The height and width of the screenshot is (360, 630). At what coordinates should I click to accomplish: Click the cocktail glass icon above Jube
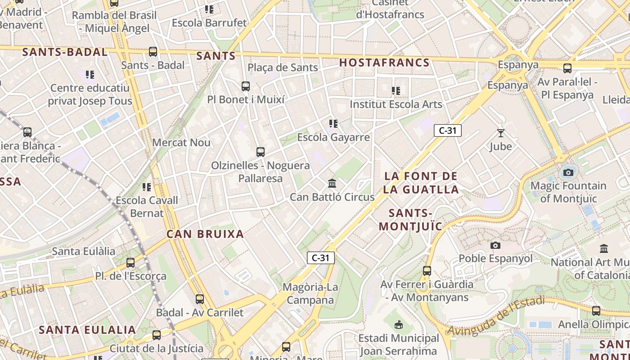[x=500, y=133]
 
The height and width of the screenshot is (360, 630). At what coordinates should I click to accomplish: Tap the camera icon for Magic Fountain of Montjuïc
[x=568, y=172]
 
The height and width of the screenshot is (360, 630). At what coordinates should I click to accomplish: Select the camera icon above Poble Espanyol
[x=495, y=245]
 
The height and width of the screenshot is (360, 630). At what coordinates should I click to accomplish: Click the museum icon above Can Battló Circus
[x=332, y=183]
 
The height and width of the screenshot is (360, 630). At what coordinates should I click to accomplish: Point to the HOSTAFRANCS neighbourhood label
[x=384, y=63]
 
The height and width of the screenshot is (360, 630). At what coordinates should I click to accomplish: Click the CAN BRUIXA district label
[x=205, y=234]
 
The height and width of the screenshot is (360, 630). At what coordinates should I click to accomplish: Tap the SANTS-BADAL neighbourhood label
[x=65, y=52]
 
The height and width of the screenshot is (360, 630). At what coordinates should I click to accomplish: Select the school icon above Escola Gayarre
[x=333, y=123]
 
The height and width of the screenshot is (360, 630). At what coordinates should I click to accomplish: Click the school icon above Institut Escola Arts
[x=396, y=91]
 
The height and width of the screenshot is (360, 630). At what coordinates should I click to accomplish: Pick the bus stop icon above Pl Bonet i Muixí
[x=246, y=86]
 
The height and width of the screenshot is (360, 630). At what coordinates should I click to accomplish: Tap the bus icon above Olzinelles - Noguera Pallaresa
[x=261, y=152]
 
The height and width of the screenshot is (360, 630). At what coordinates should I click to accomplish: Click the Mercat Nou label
[x=181, y=143]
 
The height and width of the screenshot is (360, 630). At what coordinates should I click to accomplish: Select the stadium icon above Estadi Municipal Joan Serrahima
[x=398, y=324]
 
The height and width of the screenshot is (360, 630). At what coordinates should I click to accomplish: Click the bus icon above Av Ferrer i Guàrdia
[x=427, y=271]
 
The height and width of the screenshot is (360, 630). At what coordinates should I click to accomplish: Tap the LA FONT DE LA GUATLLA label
[x=421, y=183]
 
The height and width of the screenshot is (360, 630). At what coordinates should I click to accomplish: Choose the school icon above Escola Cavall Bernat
[x=147, y=187]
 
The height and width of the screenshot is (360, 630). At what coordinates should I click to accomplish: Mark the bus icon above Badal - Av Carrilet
[x=199, y=299]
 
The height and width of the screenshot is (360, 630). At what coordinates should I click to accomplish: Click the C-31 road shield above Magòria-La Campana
[x=321, y=258]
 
